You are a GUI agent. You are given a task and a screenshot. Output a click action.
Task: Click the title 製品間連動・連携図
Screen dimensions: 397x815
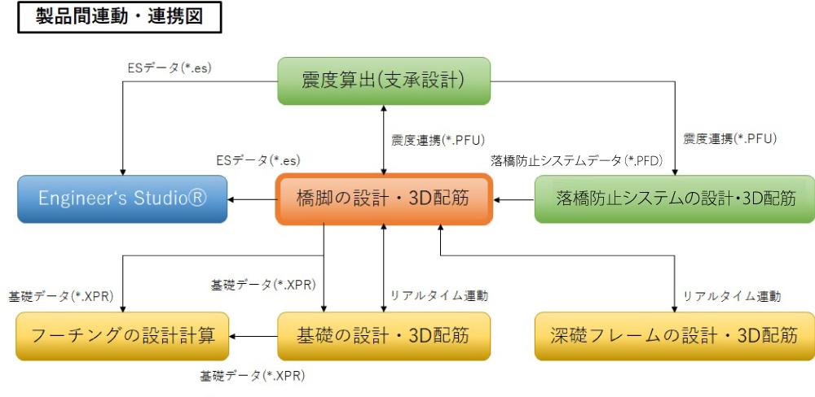click(120, 17)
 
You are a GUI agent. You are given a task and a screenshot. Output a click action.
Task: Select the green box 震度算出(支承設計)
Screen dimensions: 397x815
click(383, 80)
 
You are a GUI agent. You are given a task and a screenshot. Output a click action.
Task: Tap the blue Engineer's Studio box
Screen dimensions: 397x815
click(122, 198)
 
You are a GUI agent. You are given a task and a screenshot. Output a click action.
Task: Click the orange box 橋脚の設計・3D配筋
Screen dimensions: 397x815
click(384, 198)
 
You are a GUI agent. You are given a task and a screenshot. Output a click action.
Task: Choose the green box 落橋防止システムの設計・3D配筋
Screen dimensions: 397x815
click(674, 198)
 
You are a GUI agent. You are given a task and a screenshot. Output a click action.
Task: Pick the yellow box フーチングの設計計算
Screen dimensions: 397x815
click(122, 335)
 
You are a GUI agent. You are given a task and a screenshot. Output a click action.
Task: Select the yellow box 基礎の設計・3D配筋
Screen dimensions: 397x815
click(384, 335)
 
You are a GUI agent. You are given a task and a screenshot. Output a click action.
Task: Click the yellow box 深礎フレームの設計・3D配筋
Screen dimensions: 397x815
click(674, 335)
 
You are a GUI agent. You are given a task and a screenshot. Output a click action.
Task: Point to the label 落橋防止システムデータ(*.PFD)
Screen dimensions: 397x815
click(575, 161)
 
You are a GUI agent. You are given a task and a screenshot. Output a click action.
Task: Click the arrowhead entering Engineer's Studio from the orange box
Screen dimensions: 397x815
click(233, 198)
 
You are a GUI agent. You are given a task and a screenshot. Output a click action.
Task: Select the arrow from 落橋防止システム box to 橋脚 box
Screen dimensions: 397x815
click(513, 198)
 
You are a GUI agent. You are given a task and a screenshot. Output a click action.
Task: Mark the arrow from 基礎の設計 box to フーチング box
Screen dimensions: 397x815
click(253, 335)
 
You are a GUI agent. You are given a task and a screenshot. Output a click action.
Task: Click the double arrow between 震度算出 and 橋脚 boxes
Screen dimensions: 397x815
click(384, 138)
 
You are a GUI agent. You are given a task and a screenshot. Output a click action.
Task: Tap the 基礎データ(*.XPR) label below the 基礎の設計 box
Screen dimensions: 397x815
click(253, 376)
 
